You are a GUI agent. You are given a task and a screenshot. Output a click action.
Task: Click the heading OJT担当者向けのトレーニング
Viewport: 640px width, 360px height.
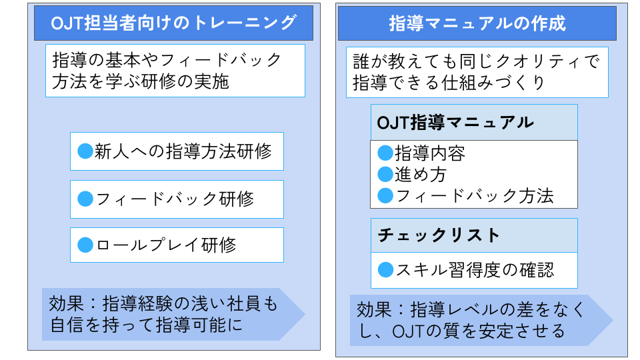point(173,23)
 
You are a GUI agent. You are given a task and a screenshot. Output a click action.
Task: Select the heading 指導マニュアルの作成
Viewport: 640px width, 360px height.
point(477,23)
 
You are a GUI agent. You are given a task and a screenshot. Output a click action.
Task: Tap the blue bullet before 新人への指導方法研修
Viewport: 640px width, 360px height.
point(85,151)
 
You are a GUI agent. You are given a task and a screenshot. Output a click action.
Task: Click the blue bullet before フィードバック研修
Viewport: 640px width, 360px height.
point(85,199)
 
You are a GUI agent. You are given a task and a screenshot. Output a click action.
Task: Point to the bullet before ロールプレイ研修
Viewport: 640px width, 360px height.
point(85,245)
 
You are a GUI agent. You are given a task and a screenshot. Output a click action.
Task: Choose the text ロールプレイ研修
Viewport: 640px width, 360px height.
point(166,245)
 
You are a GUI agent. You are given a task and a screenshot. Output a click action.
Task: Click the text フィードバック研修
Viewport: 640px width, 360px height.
point(175,199)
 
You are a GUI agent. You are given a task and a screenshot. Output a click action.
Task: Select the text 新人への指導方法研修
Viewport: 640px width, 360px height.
point(183,151)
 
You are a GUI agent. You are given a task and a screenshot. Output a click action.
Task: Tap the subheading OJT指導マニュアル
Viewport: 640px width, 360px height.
point(455,123)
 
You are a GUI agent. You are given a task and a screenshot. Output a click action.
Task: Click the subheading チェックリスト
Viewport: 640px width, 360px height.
point(439,235)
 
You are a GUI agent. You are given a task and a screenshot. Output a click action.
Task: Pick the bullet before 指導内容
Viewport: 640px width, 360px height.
point(385,153)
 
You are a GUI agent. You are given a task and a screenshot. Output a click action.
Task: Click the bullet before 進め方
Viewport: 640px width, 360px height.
point(385,174)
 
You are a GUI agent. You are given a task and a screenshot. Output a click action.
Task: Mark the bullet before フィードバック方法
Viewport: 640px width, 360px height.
point(385,195)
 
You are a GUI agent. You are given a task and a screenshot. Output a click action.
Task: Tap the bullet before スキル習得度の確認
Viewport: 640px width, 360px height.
point(385,270)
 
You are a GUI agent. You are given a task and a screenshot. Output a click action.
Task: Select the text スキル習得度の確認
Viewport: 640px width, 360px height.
point(475,270)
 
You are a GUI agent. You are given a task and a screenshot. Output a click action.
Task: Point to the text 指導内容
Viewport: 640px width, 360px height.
point(430,153)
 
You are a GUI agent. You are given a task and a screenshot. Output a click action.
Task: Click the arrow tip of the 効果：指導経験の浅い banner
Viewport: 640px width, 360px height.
point(305,314)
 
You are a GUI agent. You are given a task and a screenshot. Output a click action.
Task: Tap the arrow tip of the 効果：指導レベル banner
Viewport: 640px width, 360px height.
point(613,320)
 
